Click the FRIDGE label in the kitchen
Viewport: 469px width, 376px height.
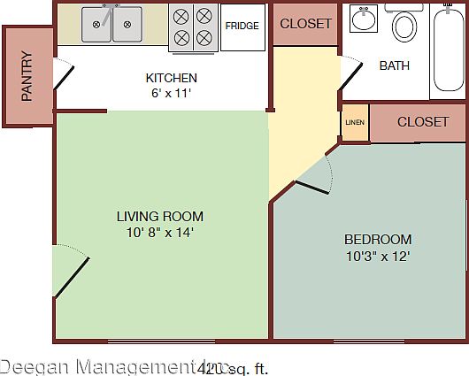click(x=242, y=26)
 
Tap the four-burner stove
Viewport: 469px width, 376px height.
click(x=193, y=27)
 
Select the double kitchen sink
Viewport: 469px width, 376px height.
click(x=112, y=24)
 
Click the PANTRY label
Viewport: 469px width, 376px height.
click(x=27, y=76)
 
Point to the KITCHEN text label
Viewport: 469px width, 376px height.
click(x=171, y=78)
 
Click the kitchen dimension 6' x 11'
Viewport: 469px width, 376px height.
click(x=171, y=92)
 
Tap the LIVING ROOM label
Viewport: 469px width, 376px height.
click(x=160, y=216)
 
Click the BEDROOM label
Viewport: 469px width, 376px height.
click(x=378, y=239)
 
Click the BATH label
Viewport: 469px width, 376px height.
click(x=395, y=65)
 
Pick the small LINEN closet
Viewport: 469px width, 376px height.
click(x=355, y=123)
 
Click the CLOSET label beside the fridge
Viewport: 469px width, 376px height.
click(x=305, y=24)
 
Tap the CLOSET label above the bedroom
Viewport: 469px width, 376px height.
click(x=423, y=122)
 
